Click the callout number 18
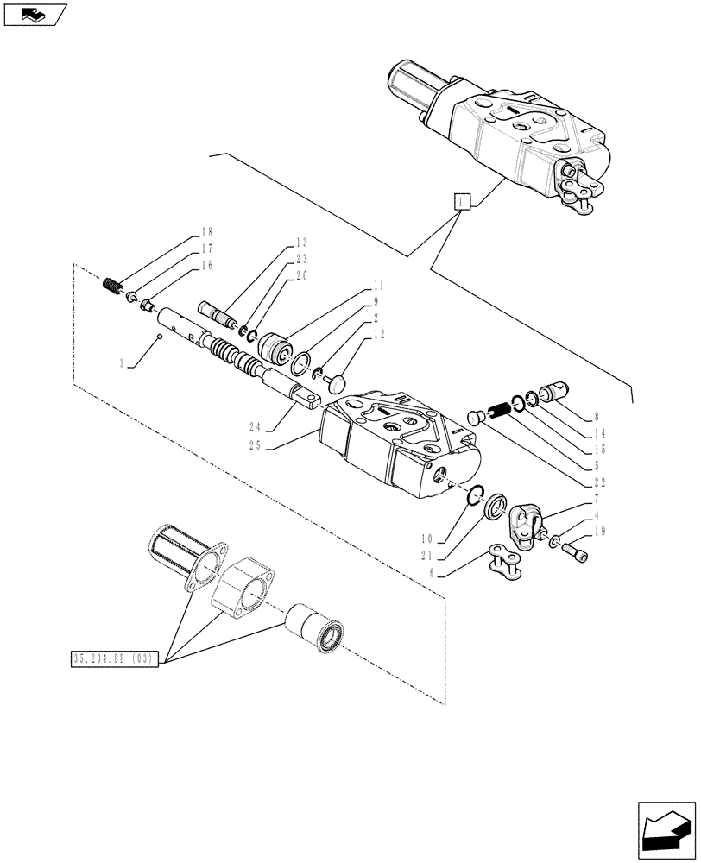205,232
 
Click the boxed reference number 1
464,202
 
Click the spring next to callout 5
498,406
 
